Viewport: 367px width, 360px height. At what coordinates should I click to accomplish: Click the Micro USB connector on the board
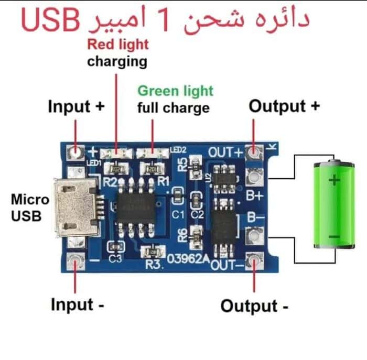[x=77, y=208]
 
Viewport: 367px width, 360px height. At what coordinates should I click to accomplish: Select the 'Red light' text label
[x=118, y=45]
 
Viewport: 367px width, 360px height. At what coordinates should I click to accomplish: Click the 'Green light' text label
[x=175, y=91]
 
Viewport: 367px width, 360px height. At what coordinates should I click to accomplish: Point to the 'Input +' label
[x=76, y=106]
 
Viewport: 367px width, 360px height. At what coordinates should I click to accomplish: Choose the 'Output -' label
[x=254, y=306]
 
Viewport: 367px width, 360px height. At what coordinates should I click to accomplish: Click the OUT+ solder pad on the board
[x=254, y=152]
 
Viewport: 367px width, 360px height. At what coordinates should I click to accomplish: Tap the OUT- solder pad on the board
[x=254, y=261]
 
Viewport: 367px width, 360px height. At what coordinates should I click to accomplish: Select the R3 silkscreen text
[x=154, y=264]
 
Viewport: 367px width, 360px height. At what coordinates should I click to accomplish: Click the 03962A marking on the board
[x=188, y=259]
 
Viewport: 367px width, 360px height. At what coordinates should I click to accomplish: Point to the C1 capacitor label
[x=178, y=214]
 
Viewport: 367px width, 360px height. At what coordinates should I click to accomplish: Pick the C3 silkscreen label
[x=115, y=259]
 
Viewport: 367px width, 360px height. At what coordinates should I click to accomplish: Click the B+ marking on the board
[x=255, y=195]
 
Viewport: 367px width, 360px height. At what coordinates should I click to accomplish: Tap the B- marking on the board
[x=255, y=217]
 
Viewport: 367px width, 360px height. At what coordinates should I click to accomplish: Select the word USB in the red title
[x=50, y=20]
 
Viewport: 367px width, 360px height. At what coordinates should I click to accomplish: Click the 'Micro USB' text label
[x=30, y=208]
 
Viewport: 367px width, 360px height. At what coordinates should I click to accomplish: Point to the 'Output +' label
[x=284, y=106]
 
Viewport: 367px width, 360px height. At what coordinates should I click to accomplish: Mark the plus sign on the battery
[x=334, y=180]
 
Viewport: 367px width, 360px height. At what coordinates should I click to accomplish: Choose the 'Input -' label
[x=78, y=304]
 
